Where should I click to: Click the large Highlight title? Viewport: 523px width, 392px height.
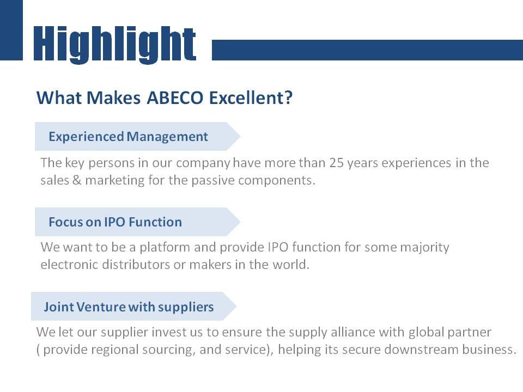[x=115, y=44]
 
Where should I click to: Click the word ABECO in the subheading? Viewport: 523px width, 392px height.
[x=175, y=98]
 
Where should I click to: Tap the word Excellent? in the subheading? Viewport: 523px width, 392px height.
[x=251, y=98]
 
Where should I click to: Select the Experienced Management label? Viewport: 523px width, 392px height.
[x=128, y=137]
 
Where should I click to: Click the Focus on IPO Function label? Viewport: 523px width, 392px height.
[x=115, y=222]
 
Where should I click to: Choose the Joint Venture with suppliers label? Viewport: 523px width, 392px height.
[x=129, y=307]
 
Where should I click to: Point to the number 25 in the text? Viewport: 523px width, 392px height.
[x=337, y=163]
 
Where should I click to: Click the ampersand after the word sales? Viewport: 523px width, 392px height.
[x=77, y=180]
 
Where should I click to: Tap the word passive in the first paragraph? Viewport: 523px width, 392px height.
[x=213, y=181]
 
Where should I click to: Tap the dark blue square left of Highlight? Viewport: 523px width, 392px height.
[x=11, y=30]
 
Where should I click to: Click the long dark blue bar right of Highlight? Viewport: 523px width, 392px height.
[x=367, y=50]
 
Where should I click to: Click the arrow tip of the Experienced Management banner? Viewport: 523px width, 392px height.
[x=240, y=136]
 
